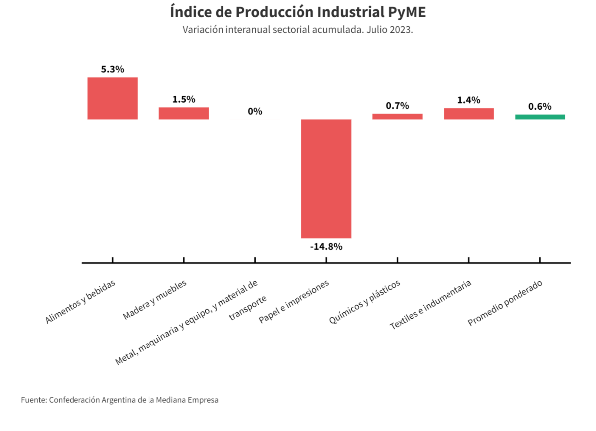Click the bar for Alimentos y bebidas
113,98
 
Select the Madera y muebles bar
184,113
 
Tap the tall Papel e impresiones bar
326,178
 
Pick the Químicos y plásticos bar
397,117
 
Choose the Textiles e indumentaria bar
469,114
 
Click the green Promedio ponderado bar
540,117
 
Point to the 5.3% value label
113,70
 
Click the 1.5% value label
184,99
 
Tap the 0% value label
255,112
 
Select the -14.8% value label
326,246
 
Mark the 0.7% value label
397,106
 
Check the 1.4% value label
469,100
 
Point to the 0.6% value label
540,107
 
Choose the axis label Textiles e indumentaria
431,305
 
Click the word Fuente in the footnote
33,400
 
